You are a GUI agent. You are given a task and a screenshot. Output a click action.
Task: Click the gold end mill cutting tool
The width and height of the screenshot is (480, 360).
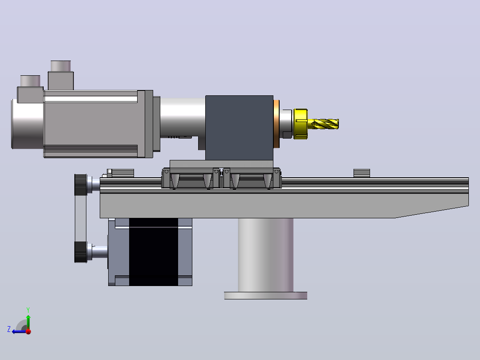tap(325, 124)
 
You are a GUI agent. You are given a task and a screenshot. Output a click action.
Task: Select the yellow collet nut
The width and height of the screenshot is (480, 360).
tap(300, 124)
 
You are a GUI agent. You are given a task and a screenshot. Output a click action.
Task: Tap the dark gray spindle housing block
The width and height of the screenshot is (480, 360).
tap(239, 128)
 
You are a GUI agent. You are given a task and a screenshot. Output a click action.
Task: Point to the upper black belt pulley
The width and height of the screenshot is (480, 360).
tap(81, 184)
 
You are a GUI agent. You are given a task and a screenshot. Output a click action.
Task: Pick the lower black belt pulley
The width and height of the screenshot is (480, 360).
tap(81, 252)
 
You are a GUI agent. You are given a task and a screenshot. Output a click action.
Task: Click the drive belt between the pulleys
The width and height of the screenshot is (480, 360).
tap(81, 218)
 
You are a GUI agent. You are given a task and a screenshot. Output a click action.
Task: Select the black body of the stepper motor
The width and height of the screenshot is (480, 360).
tap(153, 252)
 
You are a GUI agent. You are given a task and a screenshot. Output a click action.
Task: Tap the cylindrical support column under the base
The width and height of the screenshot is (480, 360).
tap(265, 255)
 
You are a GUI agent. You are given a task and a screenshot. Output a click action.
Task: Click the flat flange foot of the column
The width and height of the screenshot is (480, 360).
tap(265, 296)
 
